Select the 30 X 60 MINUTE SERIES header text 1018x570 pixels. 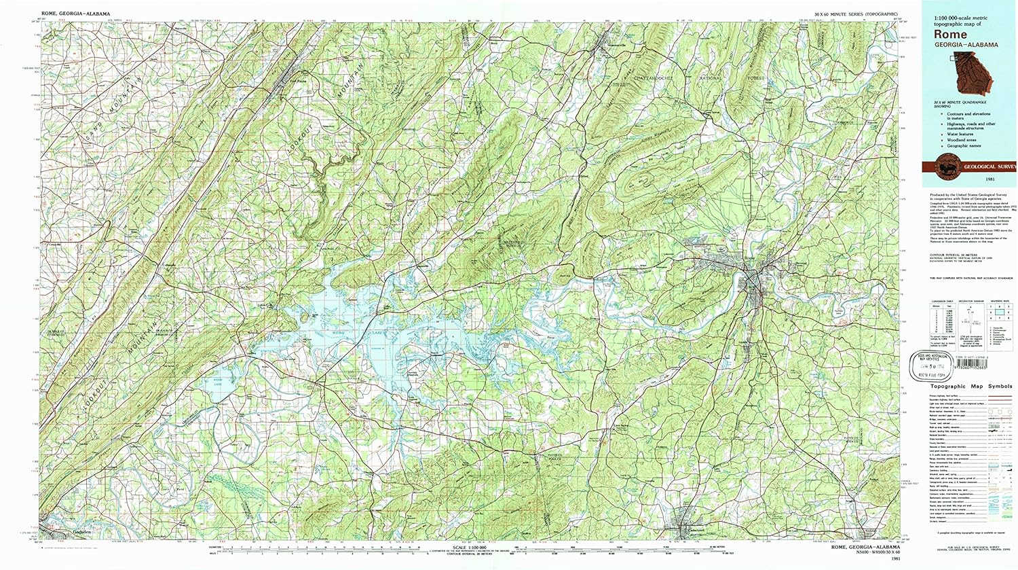pos(852,14)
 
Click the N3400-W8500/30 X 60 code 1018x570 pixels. pos(865,553)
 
